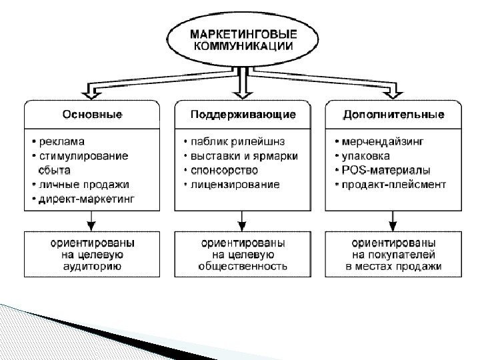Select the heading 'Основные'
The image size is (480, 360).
coord(92,115)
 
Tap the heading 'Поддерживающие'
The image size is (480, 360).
coord(243,115)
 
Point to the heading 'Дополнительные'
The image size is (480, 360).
coord(393,115)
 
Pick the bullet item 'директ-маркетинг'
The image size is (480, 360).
coord(87,199)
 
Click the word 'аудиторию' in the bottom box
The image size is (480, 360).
coord(93,266)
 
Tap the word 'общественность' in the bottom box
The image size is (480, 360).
coord(243,266)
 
